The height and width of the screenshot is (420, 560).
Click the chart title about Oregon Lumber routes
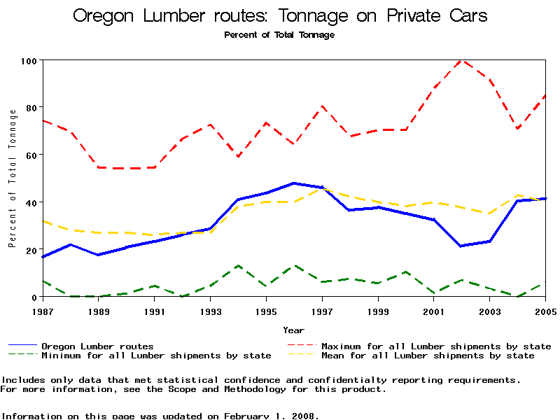tap(280, 16)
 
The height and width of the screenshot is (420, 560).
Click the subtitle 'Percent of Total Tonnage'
tap(279, 34)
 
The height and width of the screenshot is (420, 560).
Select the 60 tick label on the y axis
tap(30, 155)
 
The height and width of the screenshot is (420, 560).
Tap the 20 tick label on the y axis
tap(30, 249)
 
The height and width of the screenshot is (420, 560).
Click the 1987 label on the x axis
tap(43, 310)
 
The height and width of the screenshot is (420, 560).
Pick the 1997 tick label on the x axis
tap(322, 310)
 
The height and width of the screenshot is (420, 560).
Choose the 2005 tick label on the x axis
tap(545, 310)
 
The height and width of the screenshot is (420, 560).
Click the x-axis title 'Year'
tap(294, 330)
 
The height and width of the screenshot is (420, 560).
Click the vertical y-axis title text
tap(12, 178)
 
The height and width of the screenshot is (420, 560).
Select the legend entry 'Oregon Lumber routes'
tap(97, 346)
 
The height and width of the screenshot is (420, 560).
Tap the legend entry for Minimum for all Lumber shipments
tap(156, 356)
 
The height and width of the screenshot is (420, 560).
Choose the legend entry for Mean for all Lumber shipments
tap(427, 356)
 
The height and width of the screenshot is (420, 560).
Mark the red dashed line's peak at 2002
tap(461, 60)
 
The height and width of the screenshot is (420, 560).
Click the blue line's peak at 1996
tap(294, 183)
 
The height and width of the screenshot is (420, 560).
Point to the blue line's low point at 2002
tap(461, 246)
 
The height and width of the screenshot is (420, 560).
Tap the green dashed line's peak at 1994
tap(239, 266)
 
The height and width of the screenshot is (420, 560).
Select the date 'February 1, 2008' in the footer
tap(270, 416)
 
